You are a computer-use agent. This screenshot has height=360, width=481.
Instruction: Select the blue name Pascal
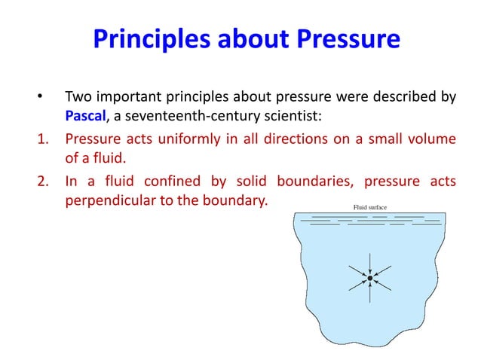[x=87, y=117]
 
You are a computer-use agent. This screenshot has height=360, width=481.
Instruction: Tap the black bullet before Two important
[x=32, y=98]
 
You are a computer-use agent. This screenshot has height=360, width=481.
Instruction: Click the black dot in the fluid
[x=370, y=278]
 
